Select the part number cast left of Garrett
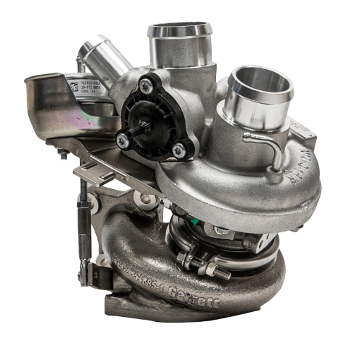(152, 271)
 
